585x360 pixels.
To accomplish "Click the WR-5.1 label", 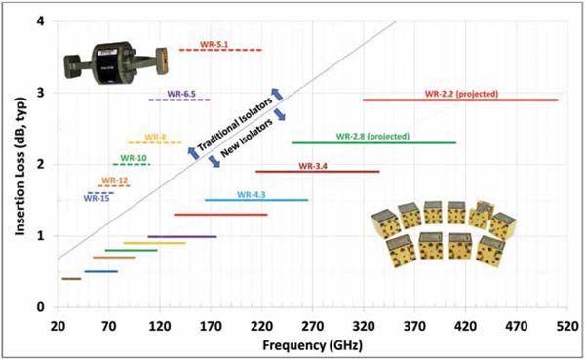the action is [x=214, y=44].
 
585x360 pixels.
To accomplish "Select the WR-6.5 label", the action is [x=181, y=94].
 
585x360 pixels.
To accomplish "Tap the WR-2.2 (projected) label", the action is [x=461, y=94].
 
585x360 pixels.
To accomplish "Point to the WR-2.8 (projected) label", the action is [x=372, y=137].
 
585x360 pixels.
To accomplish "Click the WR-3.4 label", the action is [x=313, y=166].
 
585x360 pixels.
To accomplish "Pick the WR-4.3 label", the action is [x=252, y=194].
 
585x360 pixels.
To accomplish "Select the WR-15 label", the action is [x=97, y=198].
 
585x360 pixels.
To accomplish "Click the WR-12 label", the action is [x=115, y=181].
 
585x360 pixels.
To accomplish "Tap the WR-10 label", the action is [x=134, y=158].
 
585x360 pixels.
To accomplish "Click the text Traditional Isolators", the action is [x=235, y=125].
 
